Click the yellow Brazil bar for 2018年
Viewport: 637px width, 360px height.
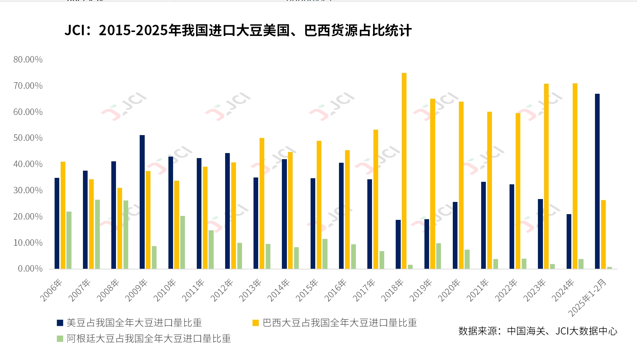coord(404,171)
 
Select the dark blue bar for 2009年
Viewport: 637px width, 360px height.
coord(142,202)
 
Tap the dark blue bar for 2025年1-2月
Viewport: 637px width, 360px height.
coord(597,181)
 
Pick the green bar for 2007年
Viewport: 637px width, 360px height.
coord(97,234)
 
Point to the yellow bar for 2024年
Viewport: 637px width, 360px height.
coord(575,176)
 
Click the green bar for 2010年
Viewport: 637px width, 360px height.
coord(182,242)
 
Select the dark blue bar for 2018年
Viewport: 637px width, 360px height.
coord(398,244)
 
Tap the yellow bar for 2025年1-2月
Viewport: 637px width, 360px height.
coord(603,234)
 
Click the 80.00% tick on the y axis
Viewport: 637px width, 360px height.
coord(28,60)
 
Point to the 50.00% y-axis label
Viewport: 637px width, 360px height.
coord(28,138)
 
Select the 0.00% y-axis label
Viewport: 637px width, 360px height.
coord(30,269)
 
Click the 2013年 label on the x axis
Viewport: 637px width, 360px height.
coord(250,290)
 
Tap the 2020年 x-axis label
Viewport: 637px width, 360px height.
coord(449,290)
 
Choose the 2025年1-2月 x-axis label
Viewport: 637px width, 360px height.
coord(588,297)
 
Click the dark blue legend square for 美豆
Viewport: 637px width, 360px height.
coord(60,323)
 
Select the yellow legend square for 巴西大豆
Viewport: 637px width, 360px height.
coord(256,323)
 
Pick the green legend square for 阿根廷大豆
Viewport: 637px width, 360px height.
coord(60,338)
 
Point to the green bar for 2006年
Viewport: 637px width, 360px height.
coord(69,240)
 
